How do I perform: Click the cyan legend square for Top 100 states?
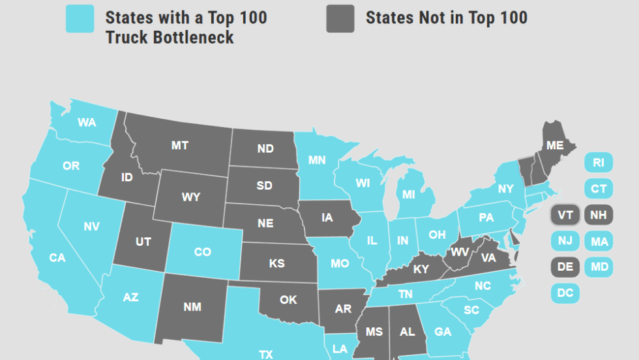[x=80, y=18]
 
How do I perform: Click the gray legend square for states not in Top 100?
[x=340, y=18]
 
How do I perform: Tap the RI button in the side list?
[x=598, y=163]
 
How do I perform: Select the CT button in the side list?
[x=598, y=189]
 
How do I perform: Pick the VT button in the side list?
[x=565, y=215]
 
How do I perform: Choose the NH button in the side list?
[x=598, y=215]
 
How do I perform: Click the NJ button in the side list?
[x=565, y=241]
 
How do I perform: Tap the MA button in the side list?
[x=598, y=242]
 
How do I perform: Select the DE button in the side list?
[x=565, y=267]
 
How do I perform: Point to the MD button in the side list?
[x=598, y=267]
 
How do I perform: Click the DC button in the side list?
[x=565, y=293]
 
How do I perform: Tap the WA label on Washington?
[x=87, y=122]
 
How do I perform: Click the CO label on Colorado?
[x=202, y=251]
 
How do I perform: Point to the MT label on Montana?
[x=180, y=145]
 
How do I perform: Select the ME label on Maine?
[x=555, y=145]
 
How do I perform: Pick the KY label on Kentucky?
[x=421, y=269]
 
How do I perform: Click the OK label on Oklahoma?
[x=288, y=300]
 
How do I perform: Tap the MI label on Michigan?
[x=409, y=194]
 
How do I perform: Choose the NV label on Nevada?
[x=91, y=227]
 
